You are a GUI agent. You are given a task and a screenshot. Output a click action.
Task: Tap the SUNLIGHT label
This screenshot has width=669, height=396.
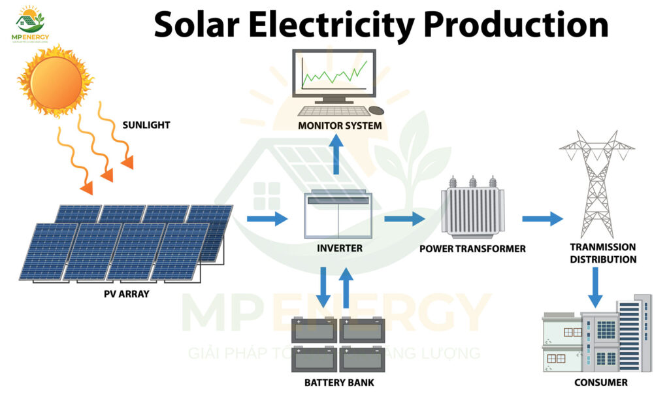pyautogui.click(x=146, y=125)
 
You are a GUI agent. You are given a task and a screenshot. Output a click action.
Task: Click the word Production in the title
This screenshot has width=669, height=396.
pyautogui.click(x=516, y=25)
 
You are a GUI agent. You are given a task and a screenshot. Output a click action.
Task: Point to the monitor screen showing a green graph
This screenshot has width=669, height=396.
pyautogui.click(x=333, y=73)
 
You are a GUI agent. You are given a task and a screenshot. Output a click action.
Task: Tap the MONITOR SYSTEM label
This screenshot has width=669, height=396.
pyautogui.click(x=340, y=125)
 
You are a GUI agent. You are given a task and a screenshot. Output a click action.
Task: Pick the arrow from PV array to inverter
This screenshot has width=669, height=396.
pyautogui.click(x=267, y=219)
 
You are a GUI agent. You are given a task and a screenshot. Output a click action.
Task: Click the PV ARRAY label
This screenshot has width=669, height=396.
pyautogui.click(x=126, y=294)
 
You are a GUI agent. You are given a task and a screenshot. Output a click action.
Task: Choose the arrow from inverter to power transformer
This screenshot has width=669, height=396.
pyautogui.click(x=404, y=218)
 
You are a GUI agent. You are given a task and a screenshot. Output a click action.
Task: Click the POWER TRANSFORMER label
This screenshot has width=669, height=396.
pyautogui.click(x=472, y=249)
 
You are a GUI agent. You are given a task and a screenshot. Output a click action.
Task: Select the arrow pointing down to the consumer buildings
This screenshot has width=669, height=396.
pyautogui.click(x=595, y=288)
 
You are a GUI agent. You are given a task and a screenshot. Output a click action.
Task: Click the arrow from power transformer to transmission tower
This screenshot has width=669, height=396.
pyautogui.click(x=542, y=218)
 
